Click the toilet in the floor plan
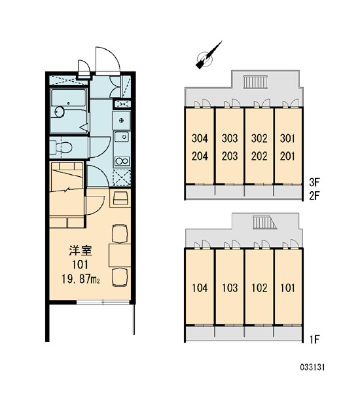(61, 147)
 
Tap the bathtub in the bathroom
(69, 98)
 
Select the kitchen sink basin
(122, 137)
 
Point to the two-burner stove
(122, 161)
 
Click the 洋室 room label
(81, 251)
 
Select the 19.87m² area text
(81, 279)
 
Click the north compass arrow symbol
(208, 56)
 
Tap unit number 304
(200, 138)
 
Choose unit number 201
(287, 157)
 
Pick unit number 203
(230, 157)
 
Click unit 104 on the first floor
(200, 288)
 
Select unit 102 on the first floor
(259, 288)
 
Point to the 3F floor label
(314, 183)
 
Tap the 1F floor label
(314, 339)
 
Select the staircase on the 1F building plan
(264, 222)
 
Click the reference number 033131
(312, 367)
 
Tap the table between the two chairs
(120, 255)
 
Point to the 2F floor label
(314, 195)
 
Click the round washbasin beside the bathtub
(60, 112)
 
